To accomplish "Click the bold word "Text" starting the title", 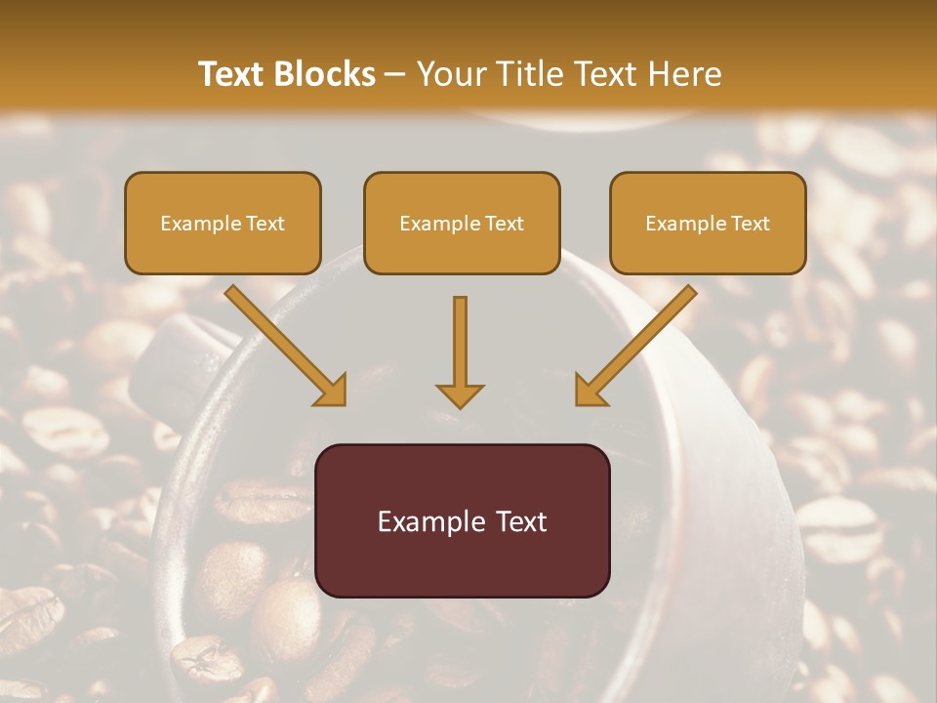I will point(235,74).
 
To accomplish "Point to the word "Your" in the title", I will point(450,74).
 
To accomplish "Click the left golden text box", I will point(223,223).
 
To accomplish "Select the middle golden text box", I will point(462,223).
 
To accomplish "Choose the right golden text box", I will point(708,223).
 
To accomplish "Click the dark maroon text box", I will point(462,520).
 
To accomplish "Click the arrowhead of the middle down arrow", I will point(460,394).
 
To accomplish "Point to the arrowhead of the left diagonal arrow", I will point(332,390).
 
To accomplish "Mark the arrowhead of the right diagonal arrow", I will point(590,390).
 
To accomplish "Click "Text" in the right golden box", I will point(750,224).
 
